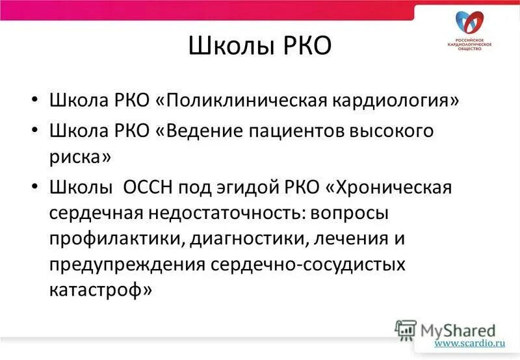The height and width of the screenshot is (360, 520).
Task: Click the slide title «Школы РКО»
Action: click(x=259, y=47)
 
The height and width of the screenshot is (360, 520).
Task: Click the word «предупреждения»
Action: click(x=126, y=265)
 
